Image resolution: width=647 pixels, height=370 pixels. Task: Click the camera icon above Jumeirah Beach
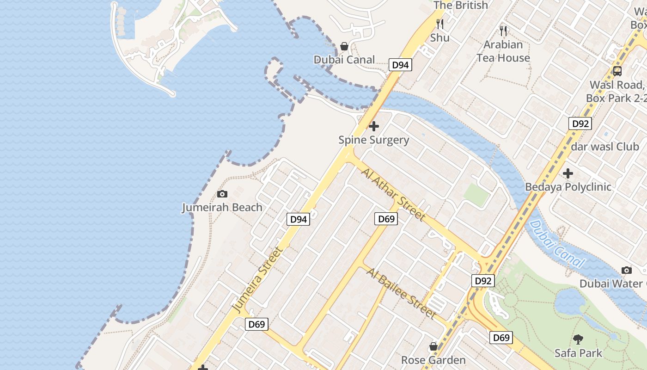222,194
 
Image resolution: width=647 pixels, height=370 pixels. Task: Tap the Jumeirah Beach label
222,207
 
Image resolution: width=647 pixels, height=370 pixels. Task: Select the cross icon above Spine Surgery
374,126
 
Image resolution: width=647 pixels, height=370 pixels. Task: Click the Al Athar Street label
393,195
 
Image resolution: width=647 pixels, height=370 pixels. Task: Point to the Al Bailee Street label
401,293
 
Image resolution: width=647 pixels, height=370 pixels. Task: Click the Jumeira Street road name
257,280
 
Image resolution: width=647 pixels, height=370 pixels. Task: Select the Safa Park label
578,353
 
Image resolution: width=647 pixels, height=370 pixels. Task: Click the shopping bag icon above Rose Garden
433,346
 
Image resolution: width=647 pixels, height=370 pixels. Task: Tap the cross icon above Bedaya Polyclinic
568,173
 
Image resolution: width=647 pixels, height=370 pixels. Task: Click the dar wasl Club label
605,147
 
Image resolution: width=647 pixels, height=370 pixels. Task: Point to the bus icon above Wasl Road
617,71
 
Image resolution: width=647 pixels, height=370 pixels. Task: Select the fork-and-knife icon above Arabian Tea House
503,31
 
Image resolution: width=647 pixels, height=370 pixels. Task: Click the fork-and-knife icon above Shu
440,24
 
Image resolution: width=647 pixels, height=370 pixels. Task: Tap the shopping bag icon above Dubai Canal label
344,46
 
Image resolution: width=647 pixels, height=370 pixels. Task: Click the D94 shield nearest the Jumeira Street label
298,219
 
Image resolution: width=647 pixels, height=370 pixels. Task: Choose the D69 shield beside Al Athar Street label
385,219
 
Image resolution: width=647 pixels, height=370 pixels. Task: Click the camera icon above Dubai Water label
626,270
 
